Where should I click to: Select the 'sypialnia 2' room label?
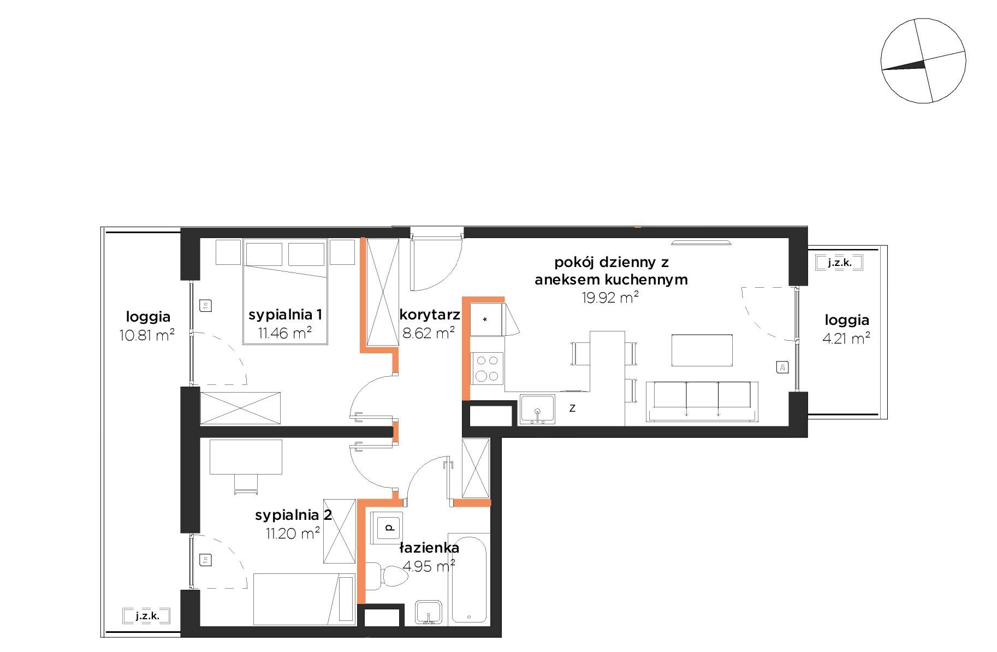[x=293, y=515]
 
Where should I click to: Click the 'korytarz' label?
[x=430, y=315]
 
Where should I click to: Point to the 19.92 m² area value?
[x=611, y=298]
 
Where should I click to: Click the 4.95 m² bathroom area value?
[x=429, y=566]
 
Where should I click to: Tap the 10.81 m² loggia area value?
[x=147, y=335]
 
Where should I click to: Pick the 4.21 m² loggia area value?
[x=846, y=339]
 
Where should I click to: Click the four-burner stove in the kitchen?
[x=488, y=368]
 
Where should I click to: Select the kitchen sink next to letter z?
[x=537, y=409]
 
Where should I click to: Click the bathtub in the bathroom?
[x=469, y=579]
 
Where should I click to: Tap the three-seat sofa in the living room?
[x=702, y=402]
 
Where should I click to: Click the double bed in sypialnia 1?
[x=285, y=292]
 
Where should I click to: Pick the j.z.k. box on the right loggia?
[x=840, y=263]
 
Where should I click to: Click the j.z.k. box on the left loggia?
[x=147, y=616]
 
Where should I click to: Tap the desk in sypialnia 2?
[x=246, y=457]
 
